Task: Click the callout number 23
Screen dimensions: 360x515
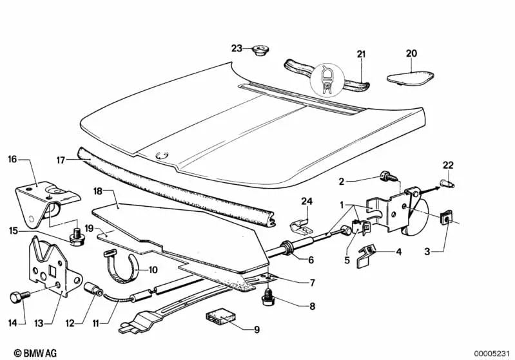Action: pyautogui.click(x=237, y=48)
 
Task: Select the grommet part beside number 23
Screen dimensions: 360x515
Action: pyautogui.click(x=260, y=50)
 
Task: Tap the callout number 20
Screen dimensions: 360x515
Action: pyautogui.click(x=412, y=53)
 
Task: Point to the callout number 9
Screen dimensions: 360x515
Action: pyautogui.click(x=256, y=330)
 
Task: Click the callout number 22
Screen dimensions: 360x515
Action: pyautogui.click(x=449, y=166)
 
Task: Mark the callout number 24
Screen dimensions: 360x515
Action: pyautogui.click(x=307, y=202)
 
